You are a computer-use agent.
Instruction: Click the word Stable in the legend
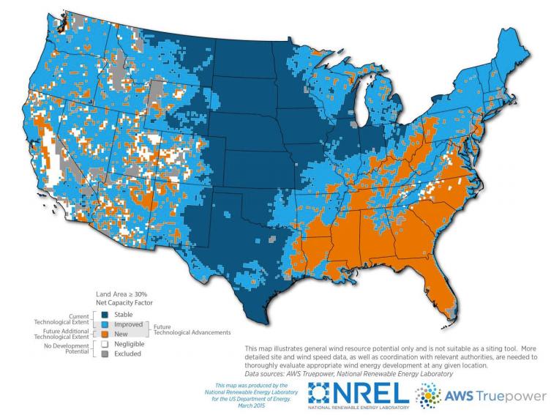coord(123,314)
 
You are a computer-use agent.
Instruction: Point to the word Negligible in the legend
coord(129,343)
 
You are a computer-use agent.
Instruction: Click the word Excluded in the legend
coord(127,354)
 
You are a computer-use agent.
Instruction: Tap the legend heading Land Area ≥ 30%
coord(118,293)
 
